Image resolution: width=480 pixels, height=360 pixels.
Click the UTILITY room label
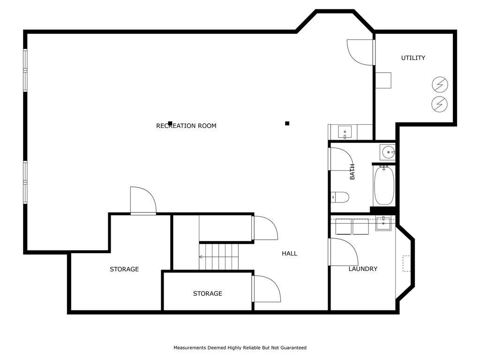[x=413, y=58]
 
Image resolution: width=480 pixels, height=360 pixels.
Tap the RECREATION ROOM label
[x=186, y=126]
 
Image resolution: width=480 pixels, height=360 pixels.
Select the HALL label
[x=289, y=254]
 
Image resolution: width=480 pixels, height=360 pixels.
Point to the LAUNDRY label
[x=363, y=269]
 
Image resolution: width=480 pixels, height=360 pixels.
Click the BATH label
[x=352, y=172]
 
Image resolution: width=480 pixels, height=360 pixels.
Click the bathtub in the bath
[x=384, y=186]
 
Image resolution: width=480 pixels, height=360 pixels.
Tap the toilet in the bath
[x=340, y=197]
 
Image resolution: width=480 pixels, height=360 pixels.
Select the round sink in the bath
[x=388, y=152]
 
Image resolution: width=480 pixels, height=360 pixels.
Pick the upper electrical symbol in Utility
[x=440, y=84]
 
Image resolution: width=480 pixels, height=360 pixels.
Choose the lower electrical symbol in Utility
[x=440, y=104]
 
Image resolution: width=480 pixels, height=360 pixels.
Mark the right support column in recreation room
[x=287, y=123]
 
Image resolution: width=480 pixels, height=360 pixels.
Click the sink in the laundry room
[x=383, y=223]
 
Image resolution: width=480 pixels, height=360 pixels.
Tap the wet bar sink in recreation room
[x=345, y=132]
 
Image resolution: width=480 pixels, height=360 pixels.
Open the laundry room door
[x=343, y=252]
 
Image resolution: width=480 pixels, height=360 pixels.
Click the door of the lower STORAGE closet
[x=266, y=289]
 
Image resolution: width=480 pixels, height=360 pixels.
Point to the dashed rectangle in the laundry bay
[x=406, y=263]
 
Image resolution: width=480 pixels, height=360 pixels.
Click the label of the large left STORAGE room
[x=124, y=269]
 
